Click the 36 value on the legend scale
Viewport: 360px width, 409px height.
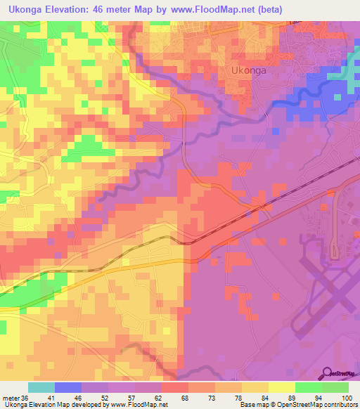click(26, 398)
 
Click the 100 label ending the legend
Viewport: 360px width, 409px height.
click(347, 398)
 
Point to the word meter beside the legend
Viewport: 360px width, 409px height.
click(11, 398)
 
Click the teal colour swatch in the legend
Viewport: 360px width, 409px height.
click(41, 387)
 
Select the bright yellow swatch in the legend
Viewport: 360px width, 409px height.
click(281, 387)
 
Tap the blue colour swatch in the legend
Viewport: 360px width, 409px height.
click(68, 387)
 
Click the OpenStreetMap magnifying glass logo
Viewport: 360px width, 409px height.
click(328, 373)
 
